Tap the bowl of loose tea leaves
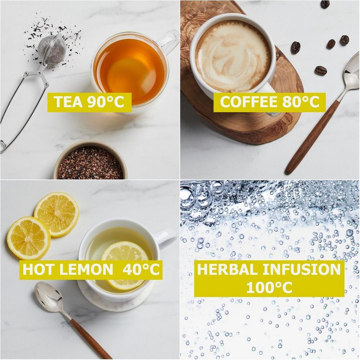coord(90,160)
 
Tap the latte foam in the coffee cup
coord(233,56)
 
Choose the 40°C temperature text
coord(141,269)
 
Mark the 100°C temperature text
coord(269,287)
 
